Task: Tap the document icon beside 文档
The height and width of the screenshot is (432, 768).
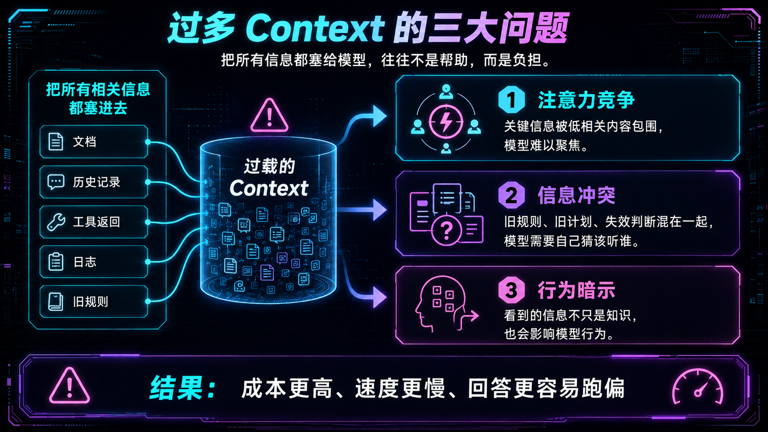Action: [56, 142]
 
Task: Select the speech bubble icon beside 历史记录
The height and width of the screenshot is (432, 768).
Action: [56, 182]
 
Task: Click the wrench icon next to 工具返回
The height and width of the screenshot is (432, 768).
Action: [56, 222]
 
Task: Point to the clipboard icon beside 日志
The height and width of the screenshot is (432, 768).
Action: [56, 262]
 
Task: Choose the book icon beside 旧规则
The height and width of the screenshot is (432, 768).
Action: [56, 302]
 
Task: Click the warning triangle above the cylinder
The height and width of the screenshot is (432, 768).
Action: [269, 116]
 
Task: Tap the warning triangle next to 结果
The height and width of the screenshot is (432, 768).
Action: [70, 386]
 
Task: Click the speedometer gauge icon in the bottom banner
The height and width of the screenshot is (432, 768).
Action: [698, 387]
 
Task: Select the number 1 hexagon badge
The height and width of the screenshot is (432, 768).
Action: [511, 100]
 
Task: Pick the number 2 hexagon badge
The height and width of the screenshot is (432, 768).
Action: [511, 195]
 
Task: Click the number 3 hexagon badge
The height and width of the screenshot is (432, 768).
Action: [511, 290]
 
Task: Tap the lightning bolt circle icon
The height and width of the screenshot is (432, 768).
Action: [446, 122]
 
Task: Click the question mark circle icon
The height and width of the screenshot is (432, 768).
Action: [446, 230]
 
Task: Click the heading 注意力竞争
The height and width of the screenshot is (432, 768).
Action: [586, 100]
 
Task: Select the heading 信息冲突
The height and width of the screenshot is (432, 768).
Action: [576, 196]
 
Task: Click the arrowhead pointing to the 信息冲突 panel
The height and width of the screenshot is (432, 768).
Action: [380, 210]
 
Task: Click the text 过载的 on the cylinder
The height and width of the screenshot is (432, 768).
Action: [269, 166]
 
